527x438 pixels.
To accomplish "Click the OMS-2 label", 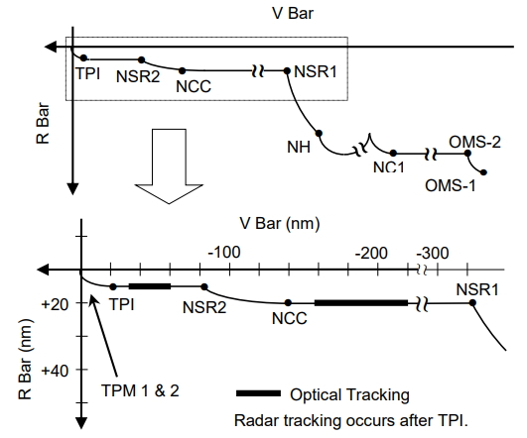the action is (474, 142).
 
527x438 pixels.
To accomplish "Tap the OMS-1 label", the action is (451, 185).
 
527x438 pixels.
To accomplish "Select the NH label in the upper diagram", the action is (299, 147).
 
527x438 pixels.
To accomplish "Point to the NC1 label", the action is (388, 166).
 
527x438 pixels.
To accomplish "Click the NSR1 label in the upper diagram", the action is (316, 71).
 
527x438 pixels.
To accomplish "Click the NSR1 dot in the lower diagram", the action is (472, 303).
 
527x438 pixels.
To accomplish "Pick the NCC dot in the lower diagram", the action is (288, 303).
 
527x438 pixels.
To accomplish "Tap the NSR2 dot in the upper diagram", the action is (142, 60).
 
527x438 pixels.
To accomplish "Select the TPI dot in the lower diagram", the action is (113, 286).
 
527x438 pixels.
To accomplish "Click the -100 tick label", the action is (224, 252).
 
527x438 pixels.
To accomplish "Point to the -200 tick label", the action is (371, 253).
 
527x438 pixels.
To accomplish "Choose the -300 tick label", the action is (433, 253).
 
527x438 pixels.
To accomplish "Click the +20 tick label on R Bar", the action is (55, 304).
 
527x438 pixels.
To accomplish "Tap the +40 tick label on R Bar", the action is (55, 371).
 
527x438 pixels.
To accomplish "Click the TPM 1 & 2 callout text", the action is (140, 390).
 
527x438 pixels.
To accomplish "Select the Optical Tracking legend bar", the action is (258, 393).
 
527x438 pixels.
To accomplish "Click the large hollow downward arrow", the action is (169, 166).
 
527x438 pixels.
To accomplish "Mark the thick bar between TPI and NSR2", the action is (150, 286).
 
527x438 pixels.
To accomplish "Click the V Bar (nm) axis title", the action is (280, 224).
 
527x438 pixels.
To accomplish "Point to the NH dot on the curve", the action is (319, 133).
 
